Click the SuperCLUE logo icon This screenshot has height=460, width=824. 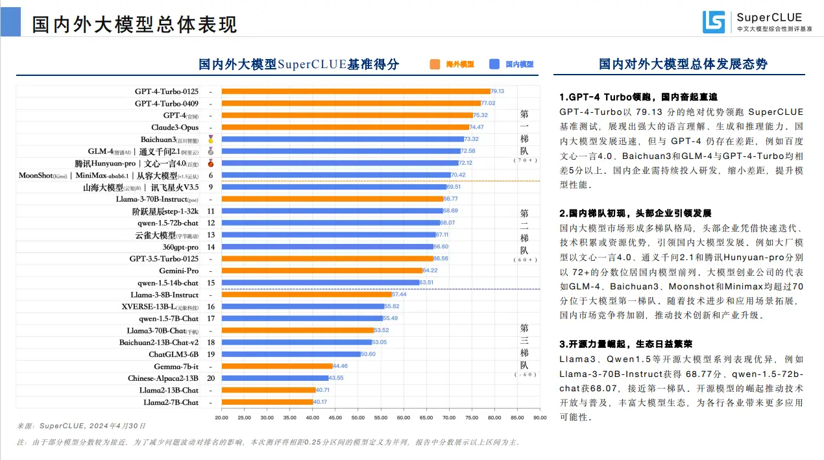click(x=713, y=22)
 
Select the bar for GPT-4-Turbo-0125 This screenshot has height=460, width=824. click(x=356, y=91)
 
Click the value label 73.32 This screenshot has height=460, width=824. click(x=471, y=139)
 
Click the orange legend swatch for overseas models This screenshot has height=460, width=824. click(x=434, y=64)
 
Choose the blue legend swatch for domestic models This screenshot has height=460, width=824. click(x=494, y=64)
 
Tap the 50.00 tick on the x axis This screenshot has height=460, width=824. click(x=358, y=417)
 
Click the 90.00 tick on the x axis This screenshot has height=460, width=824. click(x=540, y=417)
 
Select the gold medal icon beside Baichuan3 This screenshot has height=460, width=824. click(x=210, y=139)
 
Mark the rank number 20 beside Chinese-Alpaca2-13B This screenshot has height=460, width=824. click(x=210, y=378)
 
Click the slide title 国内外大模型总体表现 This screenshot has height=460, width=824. click(x=134, y=25)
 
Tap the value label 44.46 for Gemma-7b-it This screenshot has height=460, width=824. click(x=340, y=367)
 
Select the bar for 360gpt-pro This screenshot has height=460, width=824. click(x=327, y=247)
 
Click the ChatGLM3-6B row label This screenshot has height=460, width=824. click(x=173, y=354)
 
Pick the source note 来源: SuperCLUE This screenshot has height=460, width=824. click(x=81, y=426)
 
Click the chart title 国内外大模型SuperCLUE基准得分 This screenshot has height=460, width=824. click(x=298, y=64)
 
